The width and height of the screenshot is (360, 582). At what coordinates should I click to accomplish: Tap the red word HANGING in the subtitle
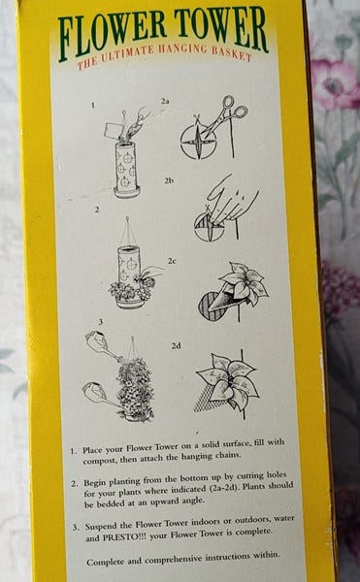click(x=182, y=49)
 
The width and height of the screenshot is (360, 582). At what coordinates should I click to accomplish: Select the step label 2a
click(x=165, y=101)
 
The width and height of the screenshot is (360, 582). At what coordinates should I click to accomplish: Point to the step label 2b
click(x=169, y=180)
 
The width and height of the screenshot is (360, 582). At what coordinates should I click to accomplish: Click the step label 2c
click(x=171, y=261)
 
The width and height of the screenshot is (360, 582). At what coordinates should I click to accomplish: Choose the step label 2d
click(x=177, y=346)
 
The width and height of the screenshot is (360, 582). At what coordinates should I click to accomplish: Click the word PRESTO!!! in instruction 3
click(x=122, y=537)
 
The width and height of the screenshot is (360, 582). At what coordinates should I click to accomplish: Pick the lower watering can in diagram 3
click(x=97, y=395)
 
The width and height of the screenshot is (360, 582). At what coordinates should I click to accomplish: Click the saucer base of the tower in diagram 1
click(x=127, y=192)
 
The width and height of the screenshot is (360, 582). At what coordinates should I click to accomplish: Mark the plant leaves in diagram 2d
click(x=227, y=380)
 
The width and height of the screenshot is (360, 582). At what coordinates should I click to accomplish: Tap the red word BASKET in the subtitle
click(x=231, y=53)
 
